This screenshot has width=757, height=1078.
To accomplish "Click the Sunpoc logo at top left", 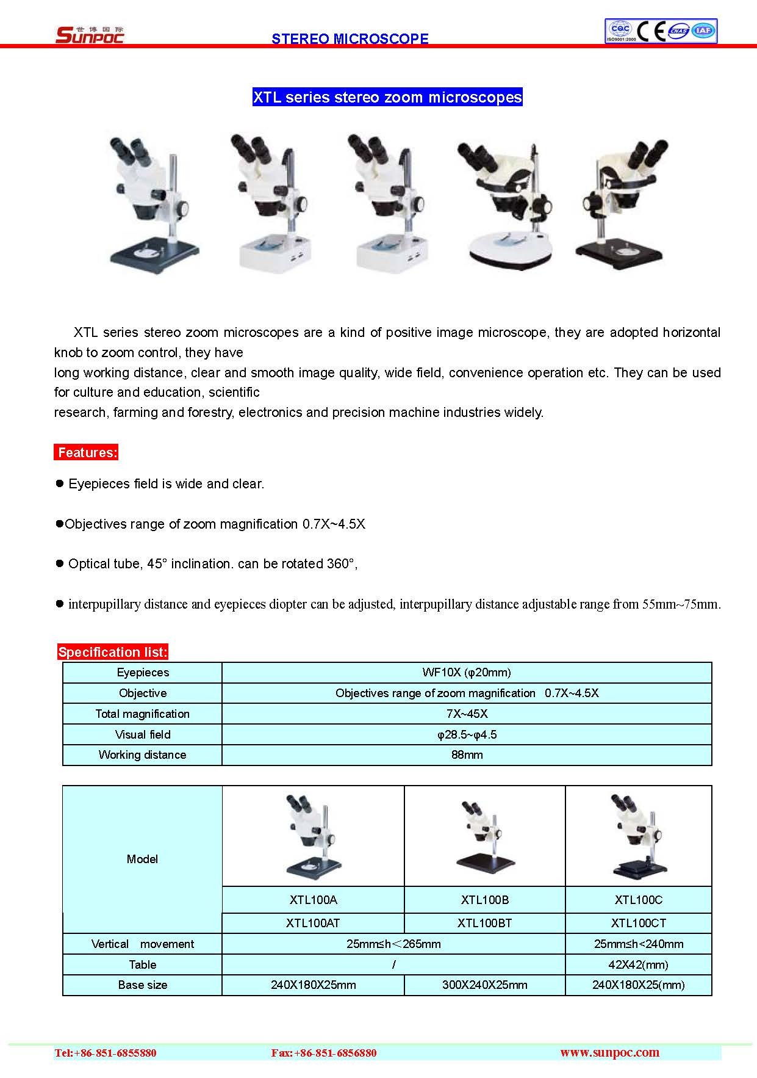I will tap(90, 35).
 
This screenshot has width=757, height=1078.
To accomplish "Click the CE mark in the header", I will tap(651, 31).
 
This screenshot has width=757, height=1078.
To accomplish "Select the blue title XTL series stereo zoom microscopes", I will tap(387, 98).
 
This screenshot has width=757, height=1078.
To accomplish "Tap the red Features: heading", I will tap(86, 452).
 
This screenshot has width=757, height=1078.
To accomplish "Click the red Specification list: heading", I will tap(112, 652).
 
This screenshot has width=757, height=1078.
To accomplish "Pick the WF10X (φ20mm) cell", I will tap(467, 673).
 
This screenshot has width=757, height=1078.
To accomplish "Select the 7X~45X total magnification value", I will tap(467, 714).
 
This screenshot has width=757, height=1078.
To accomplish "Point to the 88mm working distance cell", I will tap(467, 754).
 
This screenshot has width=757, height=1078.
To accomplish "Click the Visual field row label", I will tap(142, 734).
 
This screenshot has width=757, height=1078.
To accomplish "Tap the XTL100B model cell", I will tap(485, 900).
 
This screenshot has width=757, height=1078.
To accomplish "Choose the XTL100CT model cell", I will tap(638, 923).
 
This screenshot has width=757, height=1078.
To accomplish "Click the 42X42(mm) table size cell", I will tap(638, 964).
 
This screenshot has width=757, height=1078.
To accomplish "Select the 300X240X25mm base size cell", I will tap(485, 985).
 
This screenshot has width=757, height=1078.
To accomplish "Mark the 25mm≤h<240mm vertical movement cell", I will tap(638, 944).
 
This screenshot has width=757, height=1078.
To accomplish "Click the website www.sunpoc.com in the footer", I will tap(609, 1052).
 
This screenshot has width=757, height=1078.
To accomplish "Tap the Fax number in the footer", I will tap(324, 1053).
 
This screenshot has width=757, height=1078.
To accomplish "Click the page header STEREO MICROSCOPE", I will tap(350, 38).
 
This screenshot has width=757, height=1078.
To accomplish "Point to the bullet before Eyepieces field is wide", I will tap(60, 483).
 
